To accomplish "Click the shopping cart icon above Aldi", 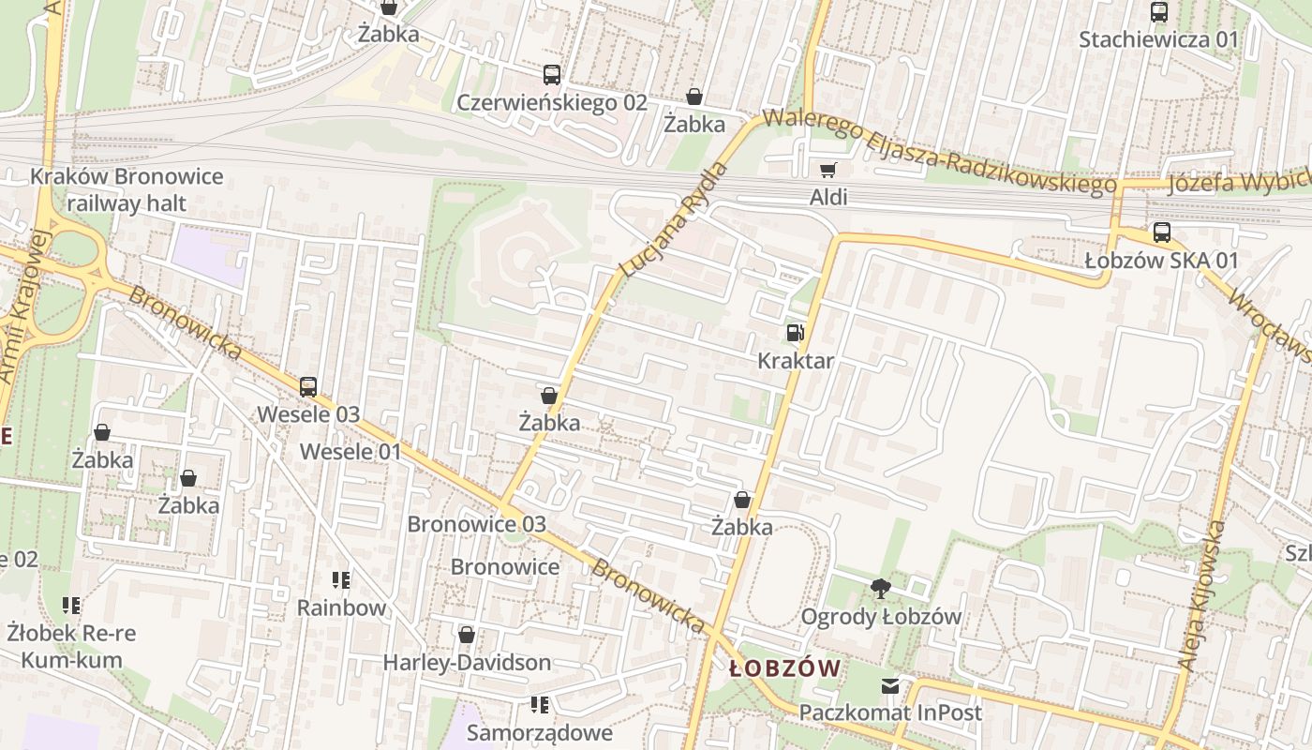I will pyautogui.click(x=827, y=171).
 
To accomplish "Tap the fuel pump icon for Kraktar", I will pyautogui.click(x=795, y=333).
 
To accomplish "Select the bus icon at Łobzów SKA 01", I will pyautogui.click(x=1161, y=232).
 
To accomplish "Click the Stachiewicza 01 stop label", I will pyautogui.click(x=1158, y=39).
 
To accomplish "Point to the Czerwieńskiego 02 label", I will pyautogui.click(x=551, y=102).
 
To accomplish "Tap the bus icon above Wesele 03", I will pyautogui.click(x=307, y=386).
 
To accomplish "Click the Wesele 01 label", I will pyautogui.click(x=350, y=452).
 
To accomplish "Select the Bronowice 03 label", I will pyautogui.click(x=476, y=524).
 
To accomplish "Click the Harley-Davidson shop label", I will pyautogui.click(x=467, y=663).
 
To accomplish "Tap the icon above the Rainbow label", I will pyautogui.click(x=341, y=580).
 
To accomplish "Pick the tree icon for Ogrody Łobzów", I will pyautogui.click(x=880, y=589).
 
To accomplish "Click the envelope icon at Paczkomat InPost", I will pyautogui.click(x=889, y=686).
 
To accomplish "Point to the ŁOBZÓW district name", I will pyautogui.click(x=784, y=668).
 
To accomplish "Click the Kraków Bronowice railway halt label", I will pyautogui.click(x=127, y=189).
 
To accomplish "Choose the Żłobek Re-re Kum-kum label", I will pyautogui.click(x=70, y=646).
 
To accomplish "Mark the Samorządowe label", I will pyautogui.click(x=539, y=732).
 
